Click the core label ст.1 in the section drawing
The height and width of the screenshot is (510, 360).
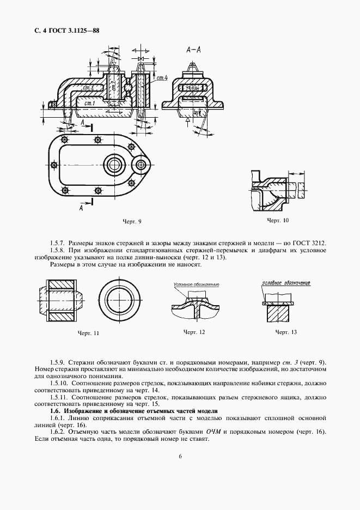(90, 103)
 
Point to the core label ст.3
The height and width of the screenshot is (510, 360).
(89, 87)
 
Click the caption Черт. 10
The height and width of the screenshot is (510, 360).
(277, 220)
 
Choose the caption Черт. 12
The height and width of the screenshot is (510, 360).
(194, 332)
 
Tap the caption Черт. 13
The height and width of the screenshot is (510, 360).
(286, 332)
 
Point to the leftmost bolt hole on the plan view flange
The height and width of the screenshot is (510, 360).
(53, 165)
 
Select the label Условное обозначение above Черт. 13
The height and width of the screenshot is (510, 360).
(285, 283)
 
